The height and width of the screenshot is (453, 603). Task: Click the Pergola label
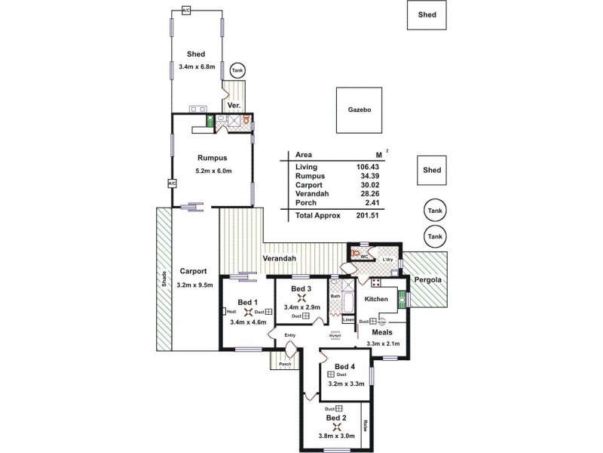tap(426, 279)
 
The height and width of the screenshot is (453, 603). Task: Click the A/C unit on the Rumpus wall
tap(171, 183)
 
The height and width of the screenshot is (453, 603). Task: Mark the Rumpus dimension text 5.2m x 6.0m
tap(213, 171)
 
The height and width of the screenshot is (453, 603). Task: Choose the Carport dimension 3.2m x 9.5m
tap(195, 285)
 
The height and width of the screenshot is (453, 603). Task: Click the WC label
tap(363, 257)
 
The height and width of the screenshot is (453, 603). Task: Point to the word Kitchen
tap(376, 300)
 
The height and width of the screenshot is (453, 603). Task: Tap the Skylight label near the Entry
tap(336, 335)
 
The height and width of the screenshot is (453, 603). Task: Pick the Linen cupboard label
tap(348, 319)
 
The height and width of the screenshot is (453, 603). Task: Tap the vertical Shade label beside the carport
tap(162, 279)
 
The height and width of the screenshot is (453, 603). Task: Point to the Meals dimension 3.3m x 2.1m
tap(382, 344)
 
